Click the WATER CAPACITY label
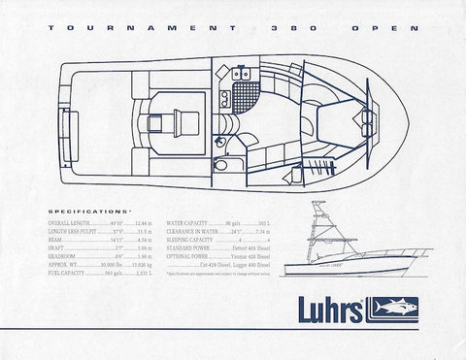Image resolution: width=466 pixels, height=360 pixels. (190, 222)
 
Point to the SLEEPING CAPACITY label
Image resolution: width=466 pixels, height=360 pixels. (194, 240)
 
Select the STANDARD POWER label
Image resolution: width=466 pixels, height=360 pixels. (191, 248)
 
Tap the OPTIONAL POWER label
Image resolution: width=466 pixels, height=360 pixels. (191, 257)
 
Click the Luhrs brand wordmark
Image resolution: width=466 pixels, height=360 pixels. (321, 308)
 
